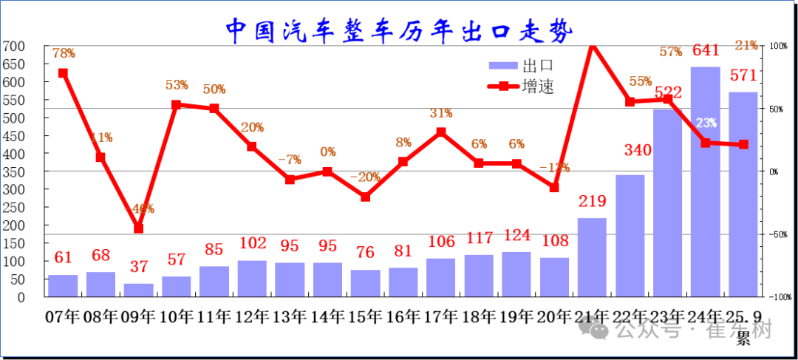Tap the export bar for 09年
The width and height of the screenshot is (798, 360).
click(138, 290)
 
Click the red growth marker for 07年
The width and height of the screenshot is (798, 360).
click(63, 73)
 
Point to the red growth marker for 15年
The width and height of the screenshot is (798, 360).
click(365, 197)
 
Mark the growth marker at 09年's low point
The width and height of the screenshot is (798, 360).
click(138, 228)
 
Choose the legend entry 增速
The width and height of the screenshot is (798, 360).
click(522, 86)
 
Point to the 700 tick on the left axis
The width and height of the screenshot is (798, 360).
click(13, 47)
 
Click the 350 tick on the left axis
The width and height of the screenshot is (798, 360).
click(13, 171)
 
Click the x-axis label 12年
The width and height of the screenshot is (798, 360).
click(252, 317)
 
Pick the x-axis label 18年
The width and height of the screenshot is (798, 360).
click(479, 317)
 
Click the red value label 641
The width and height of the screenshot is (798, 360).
click(705, 51)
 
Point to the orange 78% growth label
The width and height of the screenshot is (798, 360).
click(64, 53)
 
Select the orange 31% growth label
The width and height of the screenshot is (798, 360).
click(440, 113)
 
